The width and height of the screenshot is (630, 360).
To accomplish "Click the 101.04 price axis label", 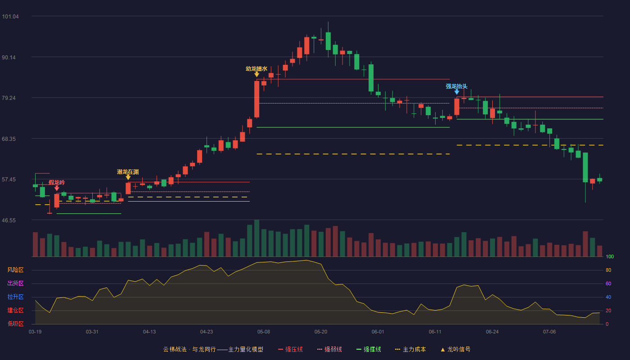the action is click(x=10, y=17).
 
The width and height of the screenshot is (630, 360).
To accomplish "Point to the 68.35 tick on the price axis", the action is click(x=9, y=139).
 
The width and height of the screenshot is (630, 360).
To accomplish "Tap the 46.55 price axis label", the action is click(x=9, y=220).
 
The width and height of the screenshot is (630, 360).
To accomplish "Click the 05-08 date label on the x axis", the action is click(x=264, y=332).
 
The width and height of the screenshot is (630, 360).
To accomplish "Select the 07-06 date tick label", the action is click(x=549, y=332).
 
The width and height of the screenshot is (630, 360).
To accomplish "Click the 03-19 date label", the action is click(x=35, y=332).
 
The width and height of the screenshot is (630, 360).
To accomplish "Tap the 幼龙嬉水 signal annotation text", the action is click(x=256, y=68).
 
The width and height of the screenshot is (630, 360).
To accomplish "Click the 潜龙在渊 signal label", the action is click(x=128, y=172).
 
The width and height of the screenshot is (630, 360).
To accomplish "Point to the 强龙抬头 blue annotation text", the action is click(x=456, y=86).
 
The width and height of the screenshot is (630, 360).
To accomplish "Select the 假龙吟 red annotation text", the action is click(x=57, y=183).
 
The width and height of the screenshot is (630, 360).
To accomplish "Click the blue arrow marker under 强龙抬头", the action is click(x=457, y=92).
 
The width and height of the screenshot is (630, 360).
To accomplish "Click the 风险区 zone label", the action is click(x=15, y=270).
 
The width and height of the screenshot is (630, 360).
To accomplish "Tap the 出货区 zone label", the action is click(x=15, y=283).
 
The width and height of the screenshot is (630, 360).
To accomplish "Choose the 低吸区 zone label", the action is click(x=15, y=324).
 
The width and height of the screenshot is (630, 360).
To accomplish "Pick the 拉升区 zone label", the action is click(x=15, y=297).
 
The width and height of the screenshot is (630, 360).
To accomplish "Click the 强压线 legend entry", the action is click(x=290, y=349).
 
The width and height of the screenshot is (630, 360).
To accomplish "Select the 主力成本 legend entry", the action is click(x=410, y=349).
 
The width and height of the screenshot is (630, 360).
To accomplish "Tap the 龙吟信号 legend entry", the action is click(x=455, y=349).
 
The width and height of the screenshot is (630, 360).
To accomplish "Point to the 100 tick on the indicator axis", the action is click(x=610, y=256).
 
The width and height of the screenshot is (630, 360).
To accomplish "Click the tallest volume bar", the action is click(x=256, y=238).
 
